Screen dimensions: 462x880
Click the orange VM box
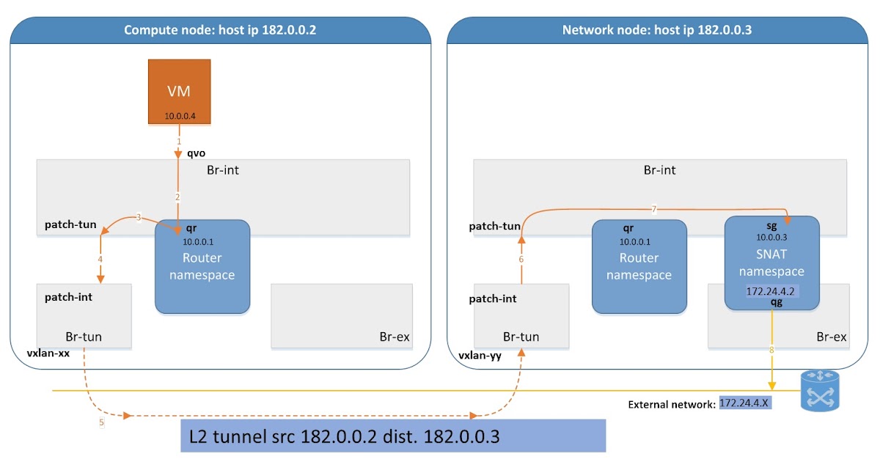(180, 92)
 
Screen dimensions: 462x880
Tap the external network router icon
(819, 390)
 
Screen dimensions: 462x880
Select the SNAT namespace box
(771, 262)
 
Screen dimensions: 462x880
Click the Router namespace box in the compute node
(203, 266)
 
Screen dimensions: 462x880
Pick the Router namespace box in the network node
(639, 266)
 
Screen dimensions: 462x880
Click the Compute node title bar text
(220, 30)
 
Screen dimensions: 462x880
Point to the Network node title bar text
(656, 30)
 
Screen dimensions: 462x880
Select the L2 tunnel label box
(393, 436)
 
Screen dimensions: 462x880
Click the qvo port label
(195, 154)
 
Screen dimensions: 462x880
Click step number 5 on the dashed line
(102, 422)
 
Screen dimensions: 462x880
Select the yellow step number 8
(771, 350)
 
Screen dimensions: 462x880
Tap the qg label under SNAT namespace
(776, 301)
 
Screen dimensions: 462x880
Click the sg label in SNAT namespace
(771, 226)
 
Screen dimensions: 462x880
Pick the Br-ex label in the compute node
(394, 337)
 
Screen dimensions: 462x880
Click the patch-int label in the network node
(493, 298)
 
